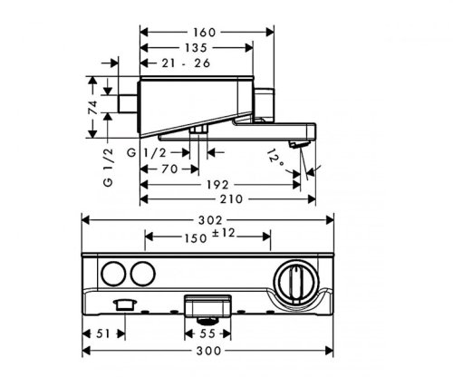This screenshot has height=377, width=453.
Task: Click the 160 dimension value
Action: point(205,33)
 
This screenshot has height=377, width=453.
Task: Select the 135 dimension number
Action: point(196,48)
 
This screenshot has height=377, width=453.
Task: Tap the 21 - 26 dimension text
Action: point(186,63)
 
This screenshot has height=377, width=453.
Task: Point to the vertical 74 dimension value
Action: point(94,108)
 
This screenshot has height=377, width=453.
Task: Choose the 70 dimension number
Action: point(169,169)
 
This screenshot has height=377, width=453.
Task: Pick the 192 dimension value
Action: point(217,185)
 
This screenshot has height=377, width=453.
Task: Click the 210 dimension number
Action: point(231,199)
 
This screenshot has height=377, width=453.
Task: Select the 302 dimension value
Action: point(210,220)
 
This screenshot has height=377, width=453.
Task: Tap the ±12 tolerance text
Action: point(223,233)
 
